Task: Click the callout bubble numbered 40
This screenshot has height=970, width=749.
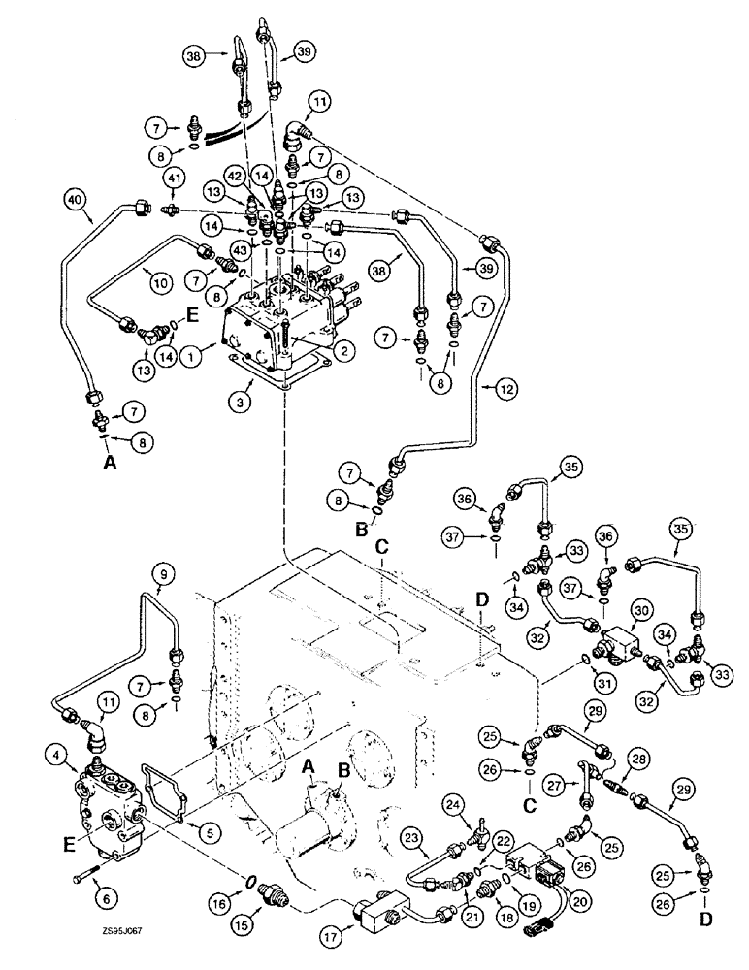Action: (72, 200)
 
